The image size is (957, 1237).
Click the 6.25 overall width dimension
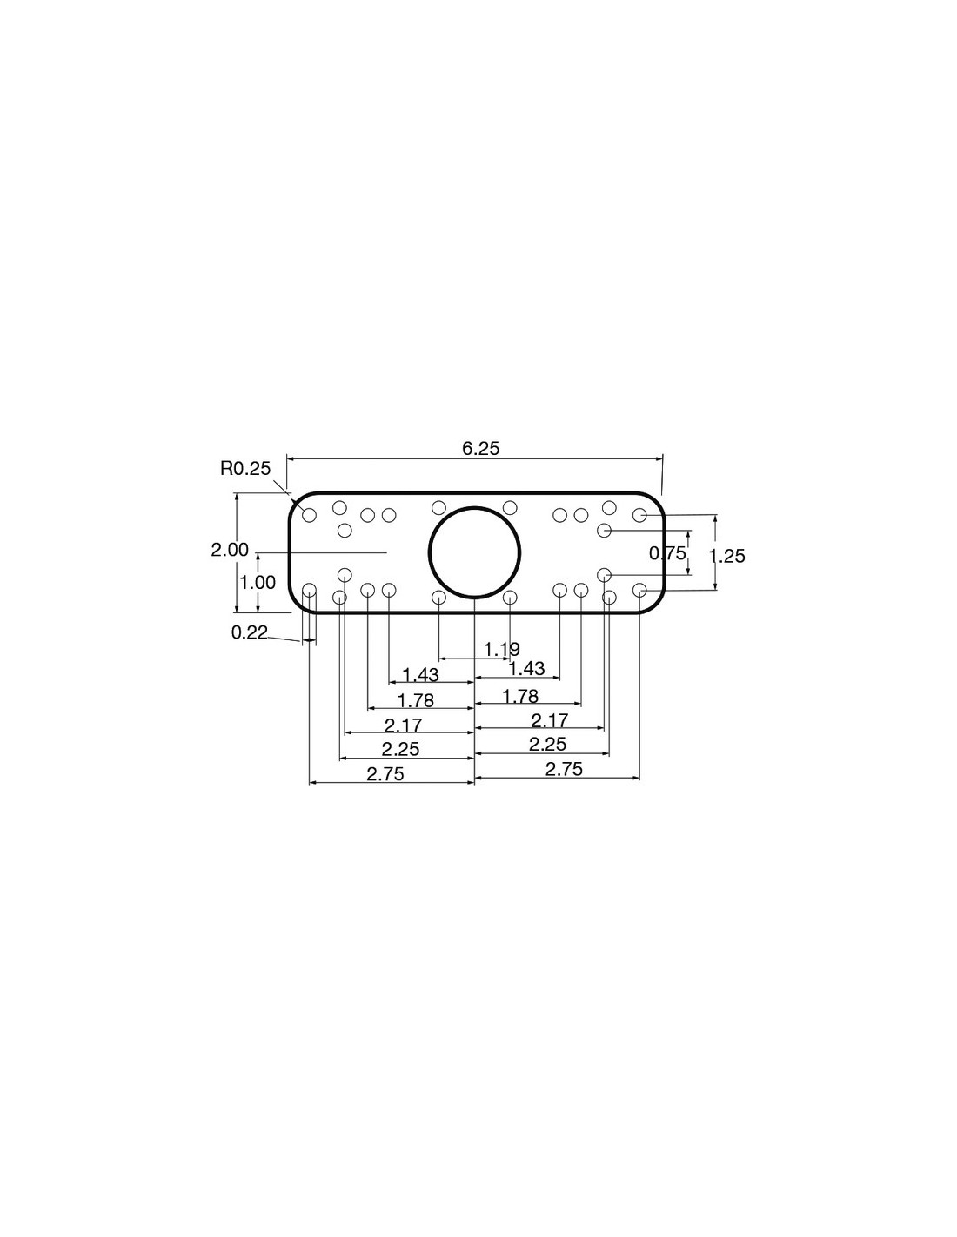(480, 449)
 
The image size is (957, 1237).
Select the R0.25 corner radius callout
(245, 469)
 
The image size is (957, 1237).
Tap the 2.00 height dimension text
(230, 550)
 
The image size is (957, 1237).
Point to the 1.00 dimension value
(258, 582)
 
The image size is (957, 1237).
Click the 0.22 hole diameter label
(250, 632)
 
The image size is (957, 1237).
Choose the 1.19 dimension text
(502, 649)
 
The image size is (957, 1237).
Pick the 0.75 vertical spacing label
(668, 552)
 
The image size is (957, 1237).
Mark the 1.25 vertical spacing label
(726, 556)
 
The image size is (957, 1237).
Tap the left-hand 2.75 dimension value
(385, 774)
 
